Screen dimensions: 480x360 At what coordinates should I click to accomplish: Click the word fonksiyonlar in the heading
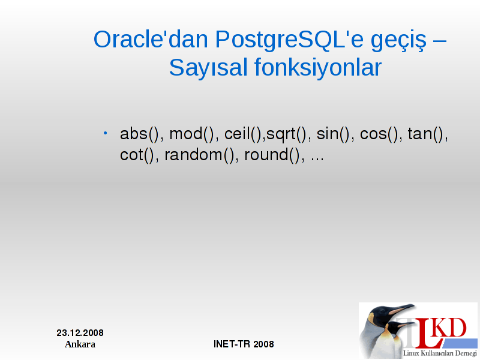tap(318, 67)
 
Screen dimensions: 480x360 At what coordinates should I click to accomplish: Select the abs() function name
tap(140, 134)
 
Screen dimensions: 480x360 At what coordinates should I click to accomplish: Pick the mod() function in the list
tap(192, 134)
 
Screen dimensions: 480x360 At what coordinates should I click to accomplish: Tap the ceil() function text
tap(243, 134)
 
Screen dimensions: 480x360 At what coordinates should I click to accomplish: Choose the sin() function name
tap(333, 134)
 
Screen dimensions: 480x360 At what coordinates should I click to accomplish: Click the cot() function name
tap(137, 155)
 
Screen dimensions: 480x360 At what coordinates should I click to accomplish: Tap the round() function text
tap(272, 155)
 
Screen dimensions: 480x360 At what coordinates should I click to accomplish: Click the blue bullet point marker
tap(106, 133)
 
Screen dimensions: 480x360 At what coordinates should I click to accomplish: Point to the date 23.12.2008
tap(80, 333)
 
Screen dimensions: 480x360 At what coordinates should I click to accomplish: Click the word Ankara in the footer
tap(80, 344)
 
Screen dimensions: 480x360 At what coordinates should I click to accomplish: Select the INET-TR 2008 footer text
tap(244, 344)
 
